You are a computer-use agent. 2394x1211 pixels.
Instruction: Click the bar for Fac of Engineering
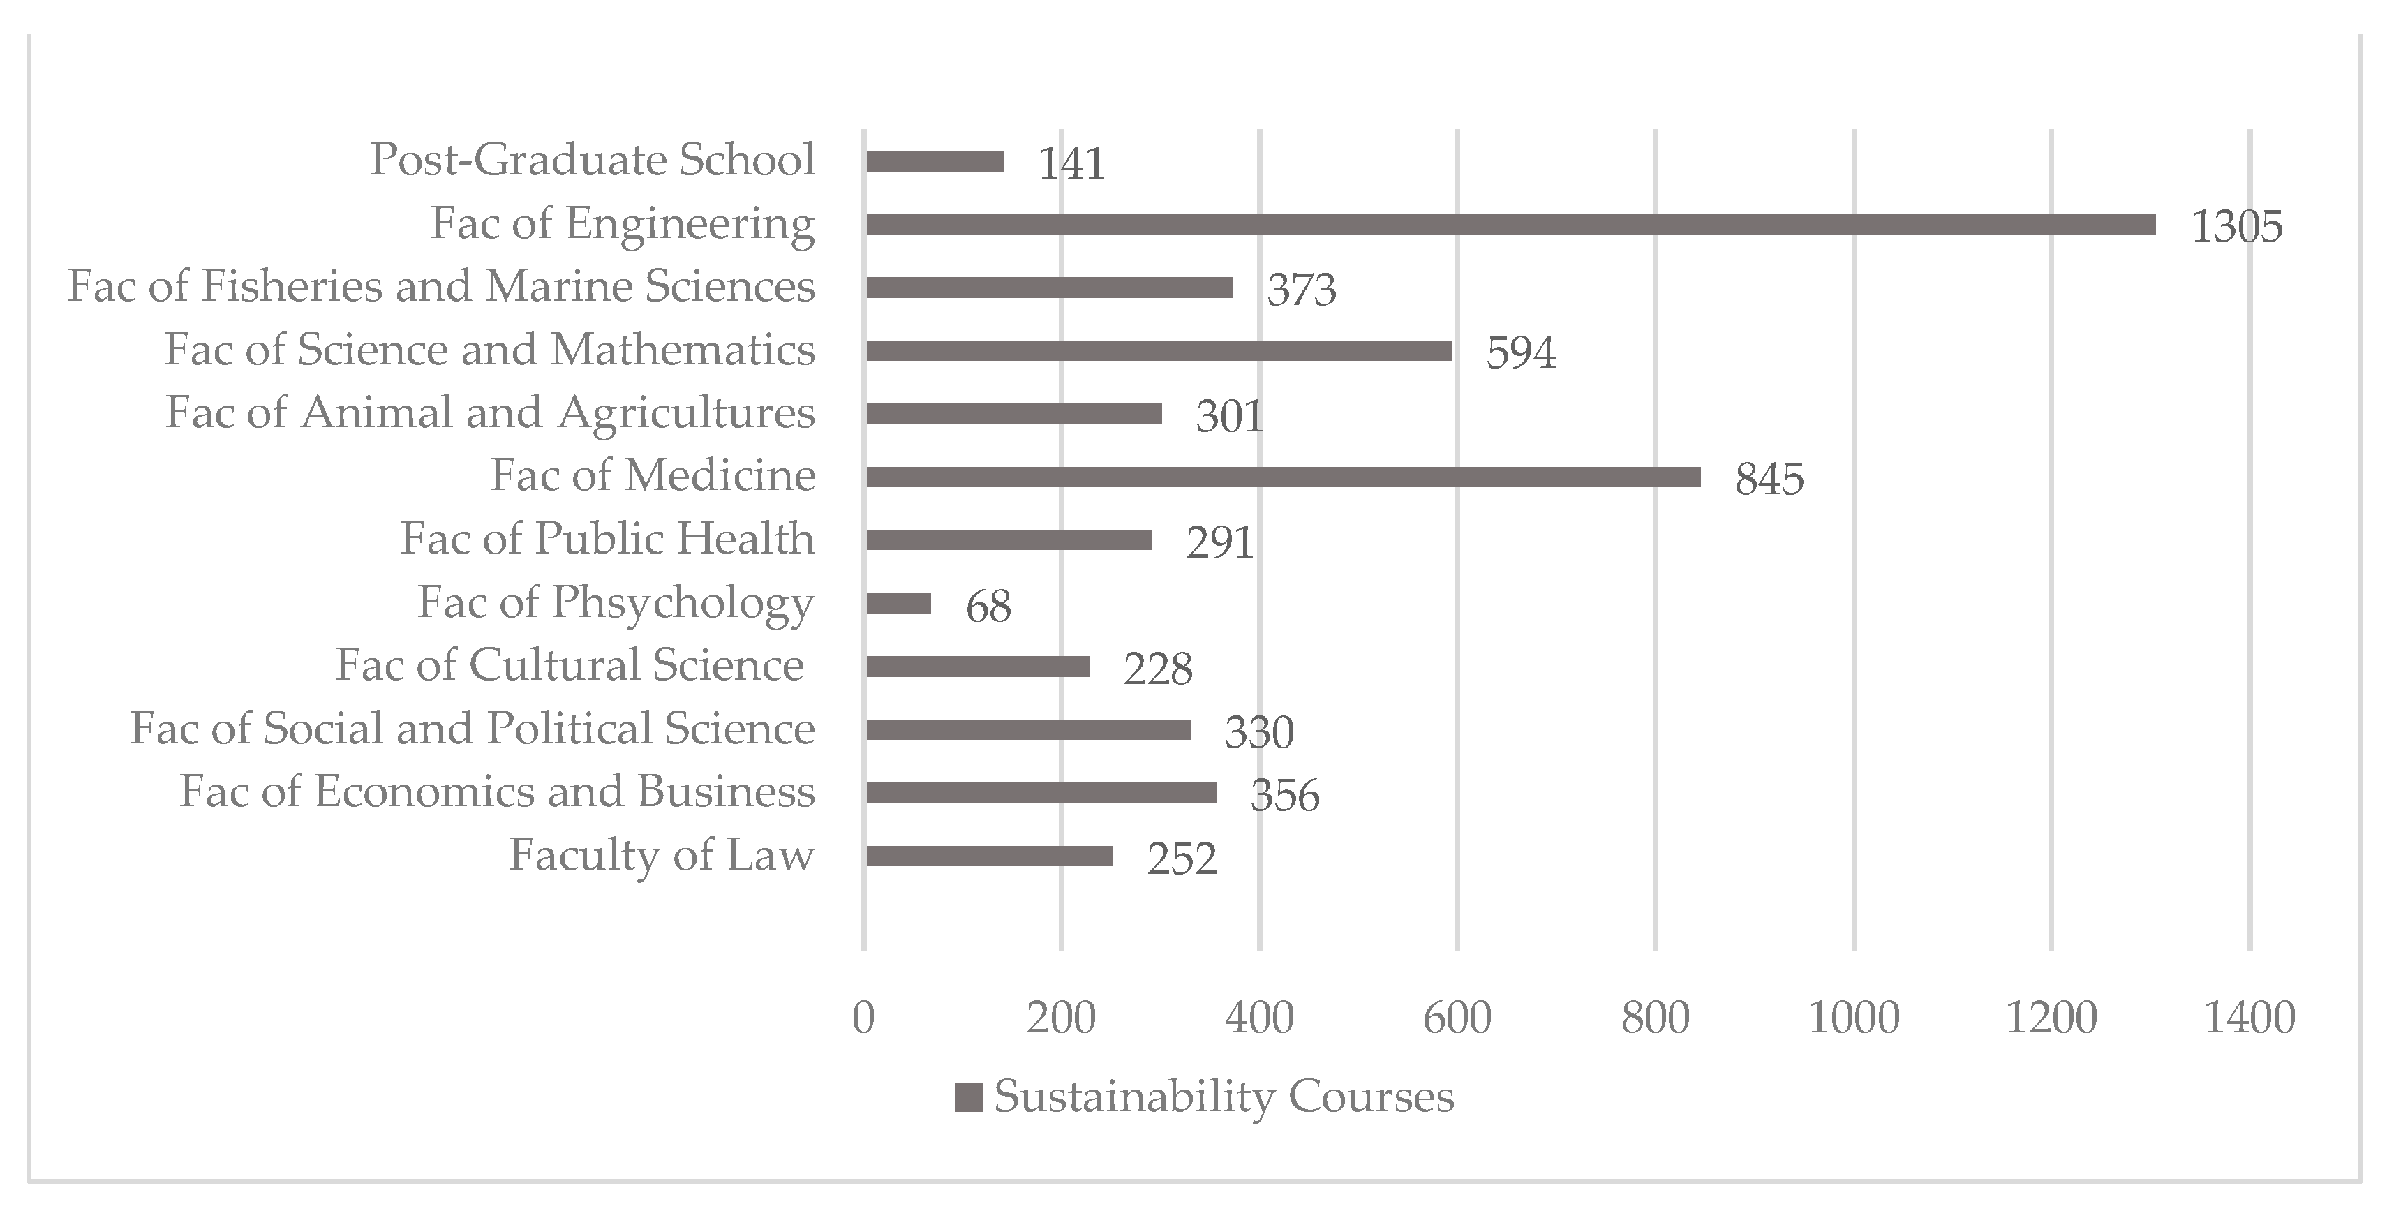[1510, 224]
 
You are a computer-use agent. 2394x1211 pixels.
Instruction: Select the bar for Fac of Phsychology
[898, 603]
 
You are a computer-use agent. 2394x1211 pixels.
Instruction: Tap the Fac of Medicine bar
[1283, 477]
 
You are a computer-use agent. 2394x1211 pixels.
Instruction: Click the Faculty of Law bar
[989, 856]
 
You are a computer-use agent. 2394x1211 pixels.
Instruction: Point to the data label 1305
[2236, 227]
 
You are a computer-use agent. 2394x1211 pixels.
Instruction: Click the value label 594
[1520, 353]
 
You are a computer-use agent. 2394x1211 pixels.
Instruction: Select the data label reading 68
[988, 607]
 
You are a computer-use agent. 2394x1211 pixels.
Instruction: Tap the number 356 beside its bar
[1284, 796]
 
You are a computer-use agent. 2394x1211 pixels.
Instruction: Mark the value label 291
[1219, 543]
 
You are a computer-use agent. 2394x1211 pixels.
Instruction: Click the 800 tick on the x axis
[1655, 1018]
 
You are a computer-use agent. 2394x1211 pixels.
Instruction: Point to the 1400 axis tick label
[2249, 1018]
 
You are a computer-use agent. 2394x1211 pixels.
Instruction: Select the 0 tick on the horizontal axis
[863, 1018]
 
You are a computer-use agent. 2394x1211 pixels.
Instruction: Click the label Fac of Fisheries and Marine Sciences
[440, 286]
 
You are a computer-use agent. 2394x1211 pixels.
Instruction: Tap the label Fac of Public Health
[607, 539]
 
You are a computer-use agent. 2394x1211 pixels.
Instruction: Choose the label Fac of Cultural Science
[569, 665]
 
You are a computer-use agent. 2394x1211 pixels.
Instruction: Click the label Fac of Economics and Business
[496, 792]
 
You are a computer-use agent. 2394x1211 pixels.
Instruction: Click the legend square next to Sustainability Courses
[968, 1098]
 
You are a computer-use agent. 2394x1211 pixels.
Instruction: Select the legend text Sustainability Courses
[1223, 1097]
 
